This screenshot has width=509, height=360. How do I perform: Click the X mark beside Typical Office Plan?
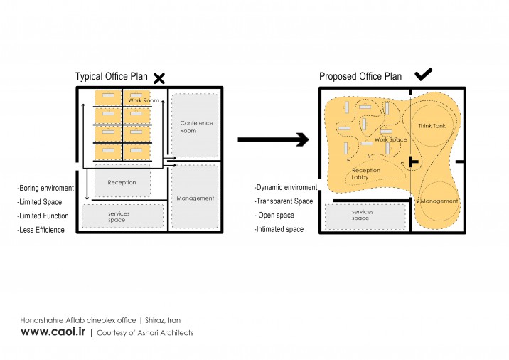[x=159, y=78]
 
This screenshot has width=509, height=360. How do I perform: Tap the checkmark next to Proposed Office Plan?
[x=423, y=74]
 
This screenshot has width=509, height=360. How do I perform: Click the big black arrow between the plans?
[x=273, y=139]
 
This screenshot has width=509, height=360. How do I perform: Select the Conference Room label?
[x=196, y=127]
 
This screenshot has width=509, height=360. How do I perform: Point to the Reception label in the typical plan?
[x=122, y=182]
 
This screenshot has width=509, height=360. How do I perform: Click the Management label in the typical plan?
[x=195, y=198]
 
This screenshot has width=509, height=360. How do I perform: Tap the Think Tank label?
[x=432, y=126]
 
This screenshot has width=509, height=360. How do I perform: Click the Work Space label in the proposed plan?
[x=390, y=139]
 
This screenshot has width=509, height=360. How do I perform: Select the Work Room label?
[x=144, y=100]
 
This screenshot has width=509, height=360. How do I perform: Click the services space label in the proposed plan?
[x=363, y=215]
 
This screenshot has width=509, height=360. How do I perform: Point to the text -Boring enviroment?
[x=45, y=188]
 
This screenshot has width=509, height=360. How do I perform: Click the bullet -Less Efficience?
[x=41, y=230]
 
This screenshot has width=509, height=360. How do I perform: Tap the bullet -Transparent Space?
[x=284, y=201]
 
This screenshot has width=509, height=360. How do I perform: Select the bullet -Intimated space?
[x=279, y=229]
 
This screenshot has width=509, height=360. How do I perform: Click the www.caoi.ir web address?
[x=53, y=332]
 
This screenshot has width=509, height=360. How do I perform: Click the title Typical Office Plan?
[x=112, y=76]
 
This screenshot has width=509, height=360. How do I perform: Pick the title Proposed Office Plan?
[x=360, y=76]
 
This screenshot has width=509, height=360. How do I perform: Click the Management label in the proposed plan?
[x=439, y=201]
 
